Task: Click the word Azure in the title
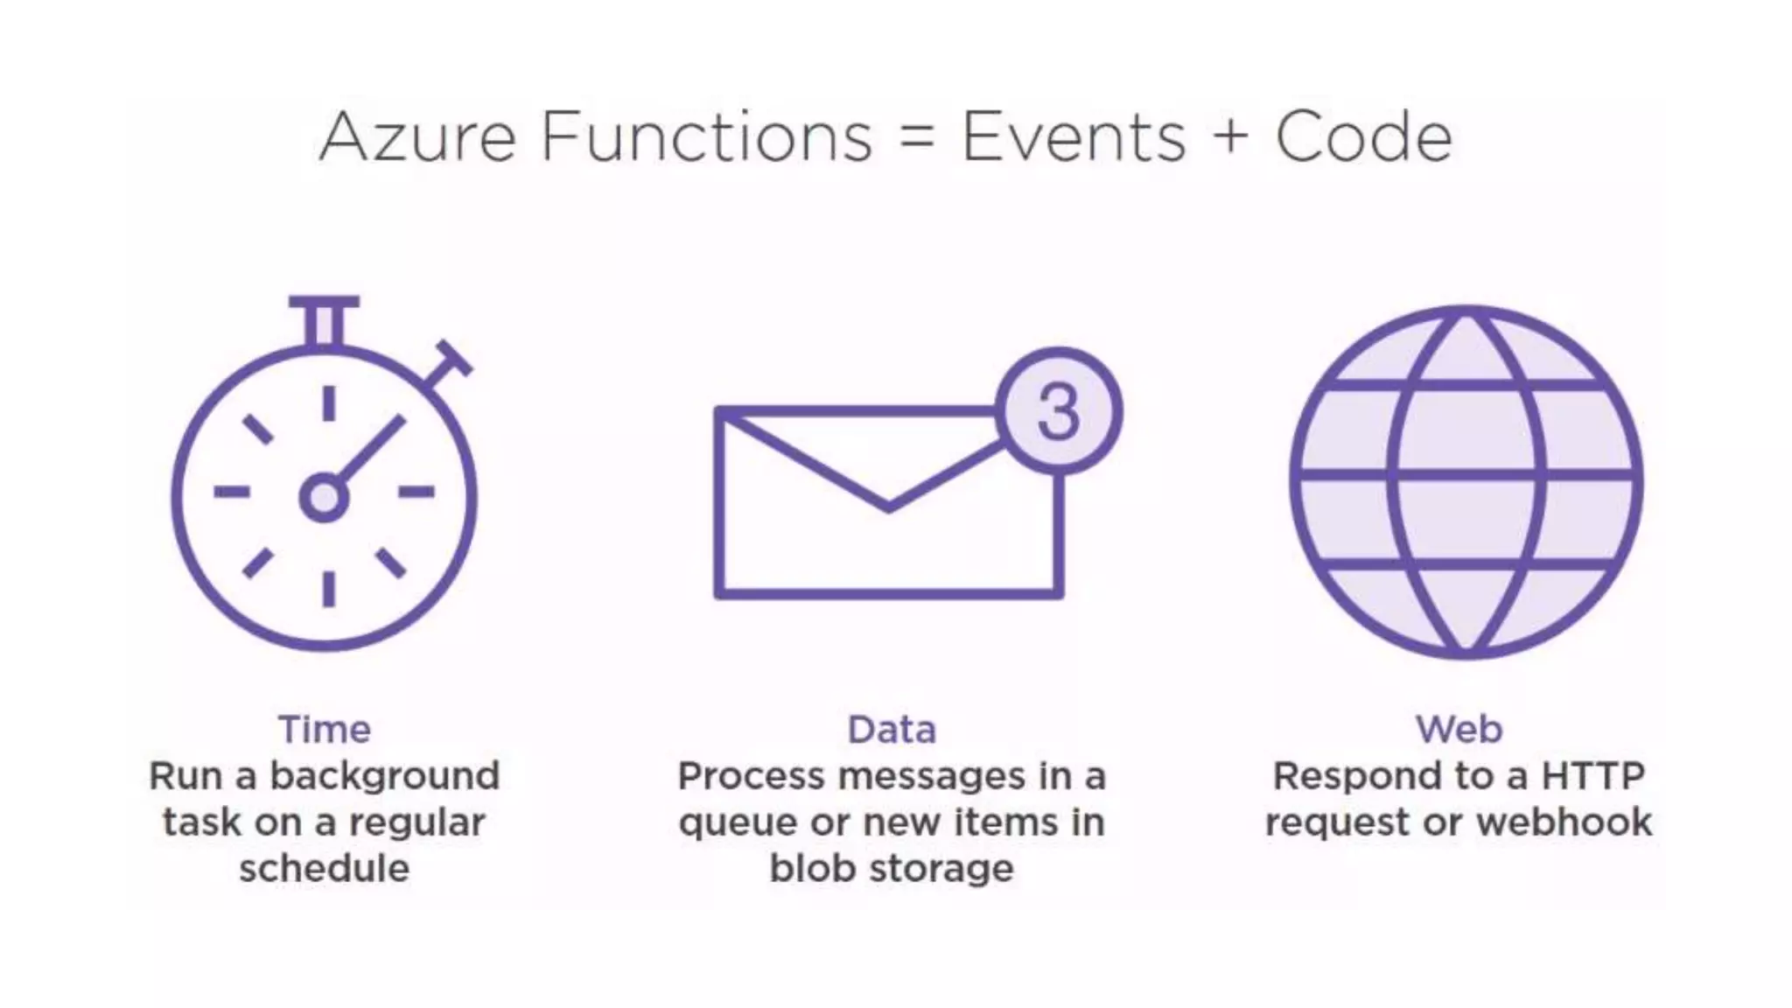pos(417,137)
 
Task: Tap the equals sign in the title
pos(916,137)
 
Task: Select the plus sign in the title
pos(1230,137)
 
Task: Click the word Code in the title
pos(1363,137)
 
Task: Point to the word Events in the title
pos(1073,137)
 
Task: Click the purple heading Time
pos(325,730)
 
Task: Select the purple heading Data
pos(892,730)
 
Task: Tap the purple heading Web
pos(1459,730)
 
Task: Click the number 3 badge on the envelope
pos(1059,412)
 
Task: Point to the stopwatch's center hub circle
pos(324,498)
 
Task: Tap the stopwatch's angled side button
pos(450,363)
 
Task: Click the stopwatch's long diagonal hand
pos(371,451)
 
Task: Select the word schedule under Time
pos(325,869)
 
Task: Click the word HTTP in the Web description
pos(1592,776)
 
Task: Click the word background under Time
pos(384,776)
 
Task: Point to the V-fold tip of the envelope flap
pos(888,507)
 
